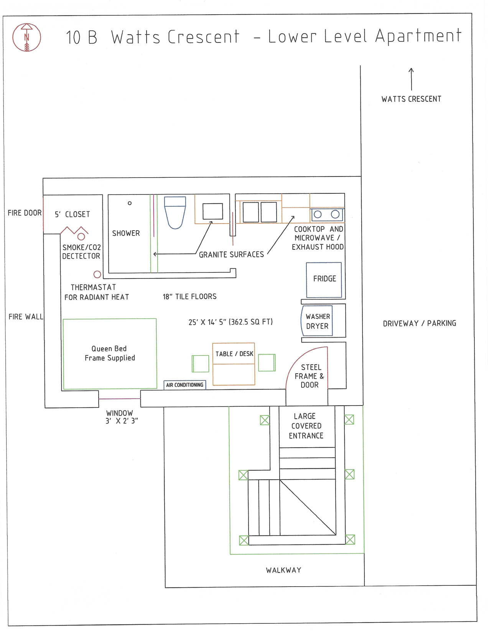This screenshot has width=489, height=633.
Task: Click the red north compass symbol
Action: point(26,37)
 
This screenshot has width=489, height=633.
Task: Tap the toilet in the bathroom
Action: point(175,213)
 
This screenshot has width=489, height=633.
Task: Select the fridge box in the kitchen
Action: point(324,280)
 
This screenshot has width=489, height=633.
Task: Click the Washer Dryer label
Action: point(318,321)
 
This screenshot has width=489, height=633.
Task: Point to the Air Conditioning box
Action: point(184,385)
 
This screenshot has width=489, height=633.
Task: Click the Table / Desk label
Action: point(234,354)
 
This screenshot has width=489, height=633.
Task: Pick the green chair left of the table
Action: point(200,364)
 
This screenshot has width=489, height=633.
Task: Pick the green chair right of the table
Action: point(267,363)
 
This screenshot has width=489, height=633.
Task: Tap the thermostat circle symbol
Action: point(97,274)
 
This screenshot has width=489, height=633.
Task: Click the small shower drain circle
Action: point(130,203)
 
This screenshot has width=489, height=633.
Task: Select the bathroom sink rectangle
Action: point(212,211)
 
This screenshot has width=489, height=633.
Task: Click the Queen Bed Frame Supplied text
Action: point(110,353)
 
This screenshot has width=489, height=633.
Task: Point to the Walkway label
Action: point(284,570)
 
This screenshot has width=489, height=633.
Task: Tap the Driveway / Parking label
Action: point(420,323)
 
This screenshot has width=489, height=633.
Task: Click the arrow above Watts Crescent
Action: point(411,79)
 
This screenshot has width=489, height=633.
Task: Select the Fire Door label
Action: point(25,213)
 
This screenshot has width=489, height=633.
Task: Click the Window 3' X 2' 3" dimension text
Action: point(122,417)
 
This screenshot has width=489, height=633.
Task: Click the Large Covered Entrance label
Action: point(306,426)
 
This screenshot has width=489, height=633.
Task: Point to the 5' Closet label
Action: point(72,214)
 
